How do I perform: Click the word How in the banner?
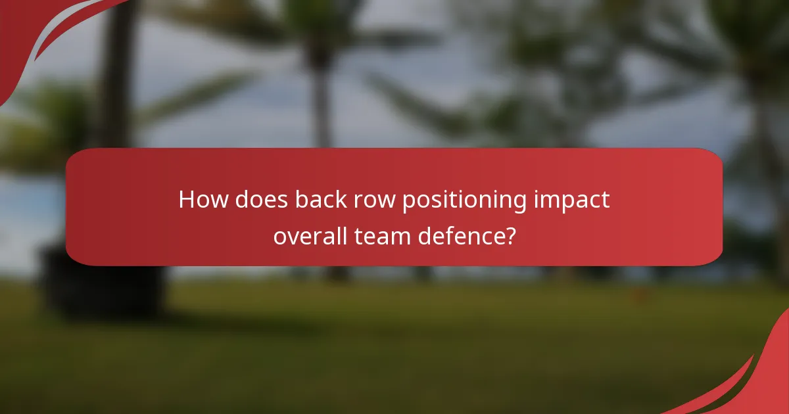[201, 200]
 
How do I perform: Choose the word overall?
[308, 235]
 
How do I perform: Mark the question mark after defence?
[509, 235]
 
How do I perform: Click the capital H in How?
[187, 200]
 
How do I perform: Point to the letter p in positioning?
[408, 202]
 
